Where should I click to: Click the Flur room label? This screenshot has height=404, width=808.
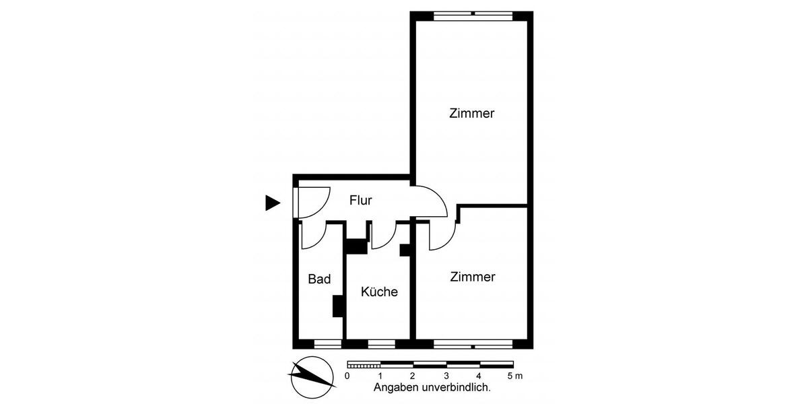(x=361, y=200)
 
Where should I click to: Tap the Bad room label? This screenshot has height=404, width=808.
(x=319, y=279)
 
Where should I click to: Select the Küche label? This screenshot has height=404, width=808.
(x=379, y=292)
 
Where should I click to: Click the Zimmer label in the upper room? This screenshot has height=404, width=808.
(x=471, y=113)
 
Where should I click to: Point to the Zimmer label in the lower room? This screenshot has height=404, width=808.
(x=473, y=277)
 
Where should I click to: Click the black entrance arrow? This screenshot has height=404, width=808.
(x=272, y=203)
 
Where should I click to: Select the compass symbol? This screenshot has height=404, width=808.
(x=312, y=378)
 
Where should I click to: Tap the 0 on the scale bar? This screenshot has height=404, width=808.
(x=347, y=376)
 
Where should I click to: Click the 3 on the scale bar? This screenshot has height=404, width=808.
(x=446, y=376)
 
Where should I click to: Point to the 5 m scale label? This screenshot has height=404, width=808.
(x=514, y=376)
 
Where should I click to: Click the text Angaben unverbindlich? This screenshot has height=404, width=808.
(x=432, y=388)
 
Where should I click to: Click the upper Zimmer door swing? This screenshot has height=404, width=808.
(x=431, y=201)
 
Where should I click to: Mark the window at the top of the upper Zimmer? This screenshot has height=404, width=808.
(x=472, y=15)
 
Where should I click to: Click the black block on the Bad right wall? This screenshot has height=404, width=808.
(x=338, y=306)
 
